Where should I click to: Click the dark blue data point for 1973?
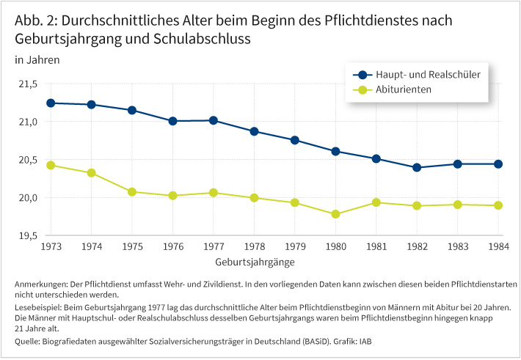tap(51, 103)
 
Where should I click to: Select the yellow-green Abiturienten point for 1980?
tap(335, 214)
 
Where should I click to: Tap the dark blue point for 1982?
tap(417, 167)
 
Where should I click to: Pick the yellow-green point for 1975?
tap(132, 191)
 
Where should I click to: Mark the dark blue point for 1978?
tap(254, 131)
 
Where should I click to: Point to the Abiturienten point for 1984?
tap(498, 205)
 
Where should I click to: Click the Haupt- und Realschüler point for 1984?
tap(498, 164)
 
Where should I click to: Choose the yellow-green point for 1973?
tap(51, 165)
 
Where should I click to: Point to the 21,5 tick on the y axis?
tap(27, 84)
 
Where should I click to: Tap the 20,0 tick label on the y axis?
tap(27, 197)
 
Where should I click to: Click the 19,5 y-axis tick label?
tap(27, 235)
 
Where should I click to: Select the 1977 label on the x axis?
tap(214, 247)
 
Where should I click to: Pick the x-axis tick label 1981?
tap(376, 247)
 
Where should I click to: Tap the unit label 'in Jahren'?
tap(37, 59)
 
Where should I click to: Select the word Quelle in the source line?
tap(28, 341)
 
